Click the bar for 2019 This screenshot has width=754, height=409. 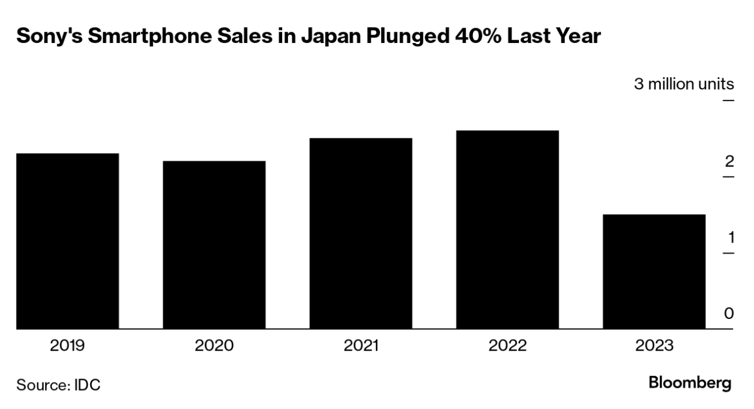pos(67,241)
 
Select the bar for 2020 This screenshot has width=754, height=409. pos(214,245)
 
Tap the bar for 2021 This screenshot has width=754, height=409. pos(361,234)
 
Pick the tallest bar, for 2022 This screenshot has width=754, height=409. pos(507,230)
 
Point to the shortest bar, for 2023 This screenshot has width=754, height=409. pos(654,272)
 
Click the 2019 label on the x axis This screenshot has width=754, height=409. pos(67,345)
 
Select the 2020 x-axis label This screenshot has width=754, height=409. pos(214,345)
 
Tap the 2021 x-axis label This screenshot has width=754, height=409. pos(361,345)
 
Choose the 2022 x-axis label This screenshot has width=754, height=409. pos(507,345)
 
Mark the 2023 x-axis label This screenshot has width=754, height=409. pos(654,345)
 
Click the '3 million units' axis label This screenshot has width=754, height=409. pos(684,84)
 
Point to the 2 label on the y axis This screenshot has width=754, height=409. pos(729,161)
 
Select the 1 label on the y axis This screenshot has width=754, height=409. pos(730,238)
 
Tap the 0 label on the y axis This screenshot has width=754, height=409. pos(729,313)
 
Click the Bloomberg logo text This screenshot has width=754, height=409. pos(690,383)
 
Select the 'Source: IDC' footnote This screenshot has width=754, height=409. pos(58,385)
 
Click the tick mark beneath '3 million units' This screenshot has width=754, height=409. pos(728,101)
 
